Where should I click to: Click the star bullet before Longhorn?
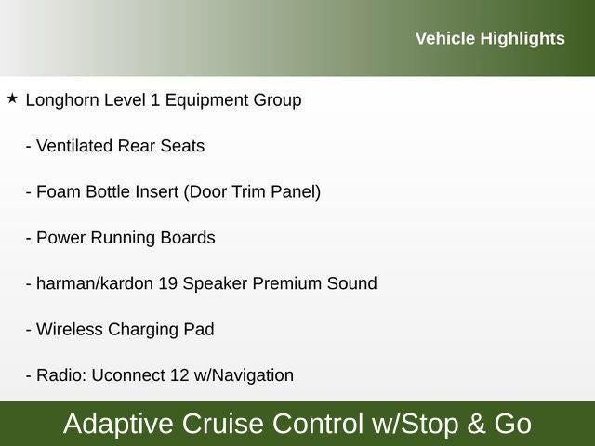(12, 98)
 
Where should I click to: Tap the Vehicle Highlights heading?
(489, 38)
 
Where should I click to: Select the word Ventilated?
(74, 146)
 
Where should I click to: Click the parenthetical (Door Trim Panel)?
(252, 191)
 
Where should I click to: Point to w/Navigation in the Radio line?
(245, 375)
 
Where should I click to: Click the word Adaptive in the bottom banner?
(119, 424)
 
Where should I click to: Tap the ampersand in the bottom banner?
(476, 424)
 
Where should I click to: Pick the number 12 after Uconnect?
(180, 375)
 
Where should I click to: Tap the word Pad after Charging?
(199, 330)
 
